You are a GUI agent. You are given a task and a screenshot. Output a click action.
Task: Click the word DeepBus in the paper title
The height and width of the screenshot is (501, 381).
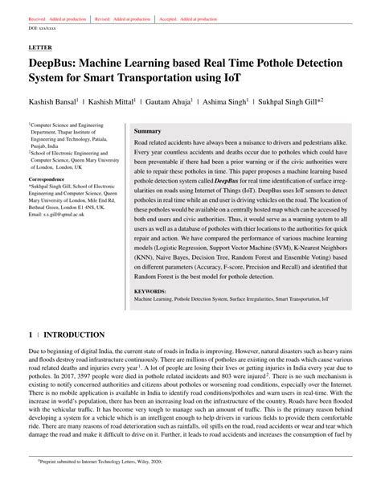(59, 64)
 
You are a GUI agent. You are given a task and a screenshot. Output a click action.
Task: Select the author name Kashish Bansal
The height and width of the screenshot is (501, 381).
(55, 102)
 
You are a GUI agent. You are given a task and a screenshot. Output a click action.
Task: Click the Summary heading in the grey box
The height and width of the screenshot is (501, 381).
(147, 130)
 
